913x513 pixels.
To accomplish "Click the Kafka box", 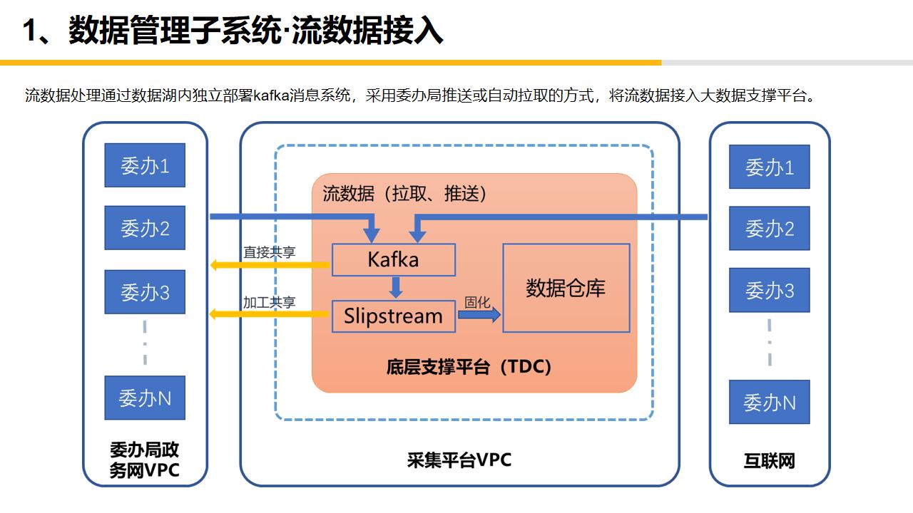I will [393, 259].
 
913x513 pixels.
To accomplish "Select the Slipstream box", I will [393, 316].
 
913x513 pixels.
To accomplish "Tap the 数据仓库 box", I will [566, 288].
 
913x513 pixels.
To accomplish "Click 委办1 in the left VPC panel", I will [145, 165].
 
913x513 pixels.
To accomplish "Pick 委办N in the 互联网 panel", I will [769, 403].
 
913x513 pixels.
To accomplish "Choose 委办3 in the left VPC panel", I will [145, 292].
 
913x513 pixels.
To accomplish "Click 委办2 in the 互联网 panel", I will [769, 228].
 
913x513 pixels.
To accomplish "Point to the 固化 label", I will [477, 302].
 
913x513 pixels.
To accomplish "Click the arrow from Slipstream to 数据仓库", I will [479, 316].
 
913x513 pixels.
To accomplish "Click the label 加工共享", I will [269, 302].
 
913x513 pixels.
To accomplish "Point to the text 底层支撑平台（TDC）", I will [469, 367].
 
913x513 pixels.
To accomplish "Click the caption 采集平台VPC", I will [459, 460].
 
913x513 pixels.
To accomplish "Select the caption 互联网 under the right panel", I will [769, 461].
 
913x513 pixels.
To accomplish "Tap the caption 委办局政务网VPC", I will [145, 460].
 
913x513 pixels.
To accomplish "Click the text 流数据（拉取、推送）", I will [404, 194].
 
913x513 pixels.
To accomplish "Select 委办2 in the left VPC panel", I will [145, 228].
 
